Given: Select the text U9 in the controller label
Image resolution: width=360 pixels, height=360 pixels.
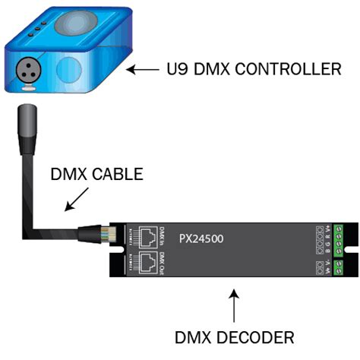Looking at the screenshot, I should coord(176,70).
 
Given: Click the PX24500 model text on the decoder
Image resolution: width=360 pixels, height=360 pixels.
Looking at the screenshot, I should coord(201,238).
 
